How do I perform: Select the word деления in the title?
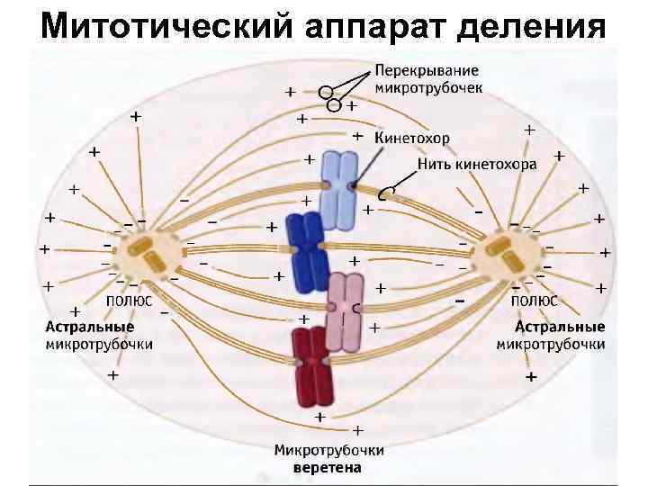click(532, 26)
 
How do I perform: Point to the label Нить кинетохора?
click(477, 165)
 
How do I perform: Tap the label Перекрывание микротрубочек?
click(428, 78)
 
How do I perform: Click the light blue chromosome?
click(338, 189)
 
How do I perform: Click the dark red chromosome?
click(311, 369)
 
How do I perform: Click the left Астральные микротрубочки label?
click(99, 335)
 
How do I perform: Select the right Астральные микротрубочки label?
click(550, 335)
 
